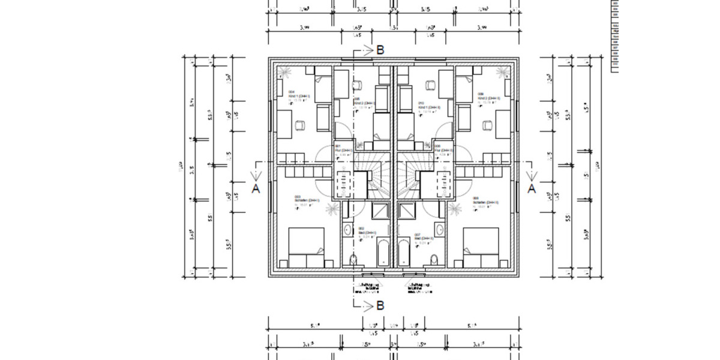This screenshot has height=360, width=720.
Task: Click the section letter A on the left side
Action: pyautogui.click(x=256, y=189)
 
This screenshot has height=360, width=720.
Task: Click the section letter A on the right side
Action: pyautogui.click(x=530, y=189)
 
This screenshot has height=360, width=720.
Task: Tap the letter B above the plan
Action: pyautogui.click(x=380, y=50)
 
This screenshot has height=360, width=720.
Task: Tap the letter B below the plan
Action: pyautogui.click(x=380, y=305)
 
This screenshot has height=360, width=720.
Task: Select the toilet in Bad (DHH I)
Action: pyautogui.click(x=353, y=259)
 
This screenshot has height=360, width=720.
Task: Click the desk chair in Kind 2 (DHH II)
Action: pyautogui.click(x=488, y=125)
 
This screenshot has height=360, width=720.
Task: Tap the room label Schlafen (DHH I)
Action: pyautogui.click(x=307, y=200)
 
